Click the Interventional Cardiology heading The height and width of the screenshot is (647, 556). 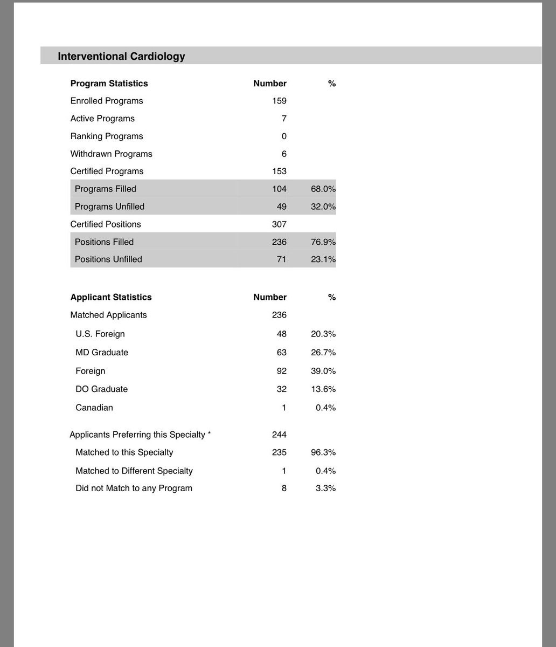click(121, 57)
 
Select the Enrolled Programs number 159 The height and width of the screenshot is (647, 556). click(279, 101)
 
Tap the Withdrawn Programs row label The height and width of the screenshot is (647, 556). click(111, 154)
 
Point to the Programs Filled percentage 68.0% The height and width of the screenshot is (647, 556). click(323, 189)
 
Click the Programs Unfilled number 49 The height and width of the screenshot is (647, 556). click(281, 207)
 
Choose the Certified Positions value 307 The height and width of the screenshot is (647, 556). click(279, 224)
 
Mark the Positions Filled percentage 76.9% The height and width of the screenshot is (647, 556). click(323, 242)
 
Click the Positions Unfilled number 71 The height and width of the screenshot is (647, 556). click(281, 259)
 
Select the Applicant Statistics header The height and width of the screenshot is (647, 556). click(111, 297)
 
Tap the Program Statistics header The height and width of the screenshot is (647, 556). click(109, 84)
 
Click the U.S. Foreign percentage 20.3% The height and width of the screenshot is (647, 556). click(323, 334)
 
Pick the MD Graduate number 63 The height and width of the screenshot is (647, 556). click(281, 353)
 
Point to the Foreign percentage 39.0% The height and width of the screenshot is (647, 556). click(323, 371)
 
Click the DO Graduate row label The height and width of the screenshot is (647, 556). click(102, 389)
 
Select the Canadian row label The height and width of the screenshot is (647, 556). click(94, 408)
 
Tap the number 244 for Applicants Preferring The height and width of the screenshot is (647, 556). click(279, 435)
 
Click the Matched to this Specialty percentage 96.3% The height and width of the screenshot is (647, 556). click(323, 452)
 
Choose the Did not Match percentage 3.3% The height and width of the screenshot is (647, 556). click(325, 488)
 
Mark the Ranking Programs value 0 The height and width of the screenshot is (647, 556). click(284, 136)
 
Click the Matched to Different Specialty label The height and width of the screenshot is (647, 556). click(134, 471)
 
